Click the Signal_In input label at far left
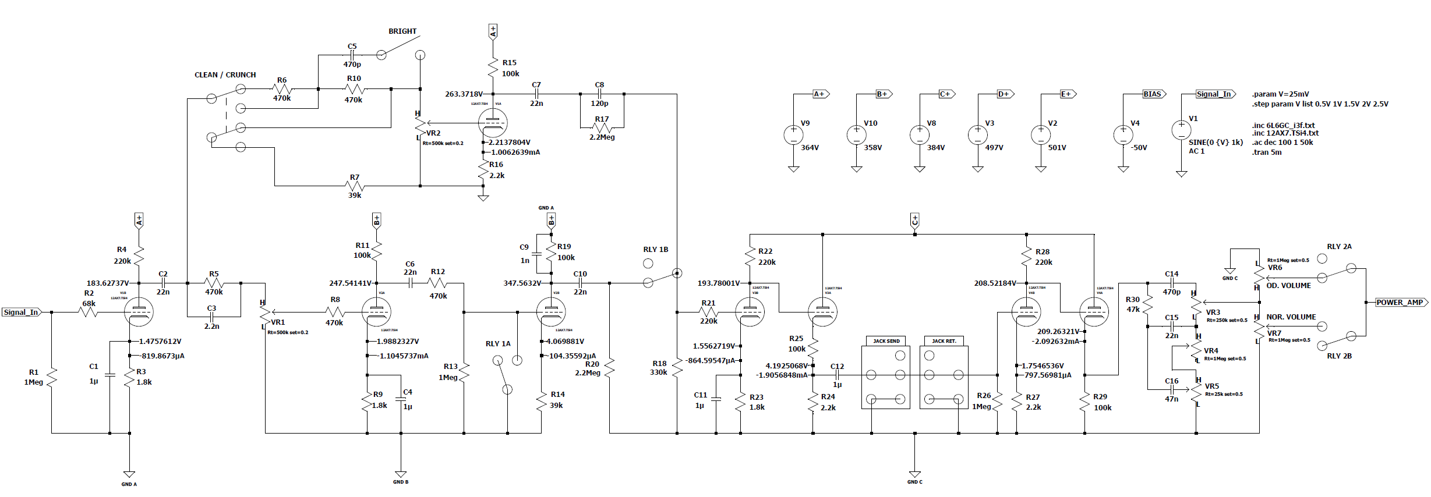point(21,313)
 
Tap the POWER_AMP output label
point(1399,303)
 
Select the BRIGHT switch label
point(402,31)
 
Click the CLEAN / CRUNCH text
point(225,75)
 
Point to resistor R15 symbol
point(493,68)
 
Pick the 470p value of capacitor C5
point(352,65)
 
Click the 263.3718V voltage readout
point(464,94)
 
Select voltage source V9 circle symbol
point(793,135)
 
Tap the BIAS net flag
point(1151,94)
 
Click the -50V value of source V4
point(1139,148)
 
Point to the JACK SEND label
point(886,341)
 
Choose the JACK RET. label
point(944,341)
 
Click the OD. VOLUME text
point(1288,286)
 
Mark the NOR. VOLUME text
point(1291,317)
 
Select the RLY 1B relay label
point(655,250)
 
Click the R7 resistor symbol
point(355,186)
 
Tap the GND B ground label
point(400,482)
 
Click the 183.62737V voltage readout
point(108,283)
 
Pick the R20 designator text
point(592,364)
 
